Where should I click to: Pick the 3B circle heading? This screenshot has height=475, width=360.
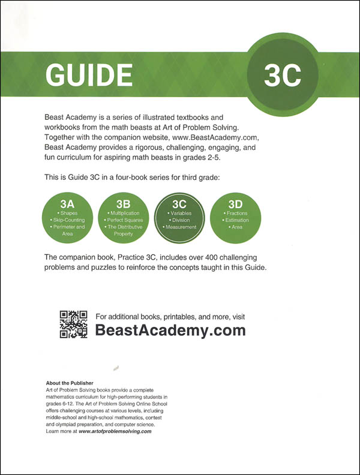123,203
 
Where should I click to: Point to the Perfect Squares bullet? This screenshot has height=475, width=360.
123,220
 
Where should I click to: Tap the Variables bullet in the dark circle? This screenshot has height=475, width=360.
181,213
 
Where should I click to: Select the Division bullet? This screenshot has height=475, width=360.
181,220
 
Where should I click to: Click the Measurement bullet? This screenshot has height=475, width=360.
181,227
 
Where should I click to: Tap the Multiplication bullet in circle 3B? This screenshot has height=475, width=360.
123,213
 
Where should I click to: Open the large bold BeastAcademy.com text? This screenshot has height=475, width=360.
170,330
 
